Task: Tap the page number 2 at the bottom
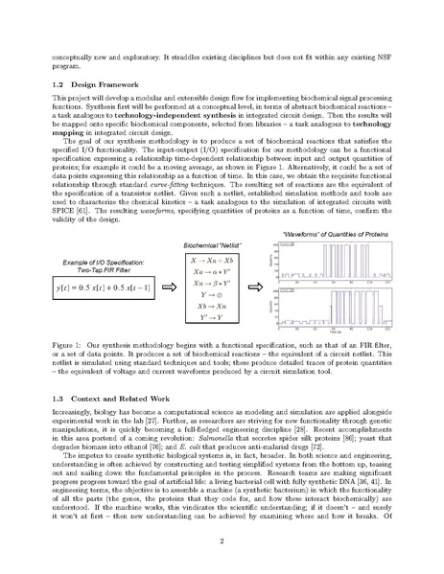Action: coord(222,540)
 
